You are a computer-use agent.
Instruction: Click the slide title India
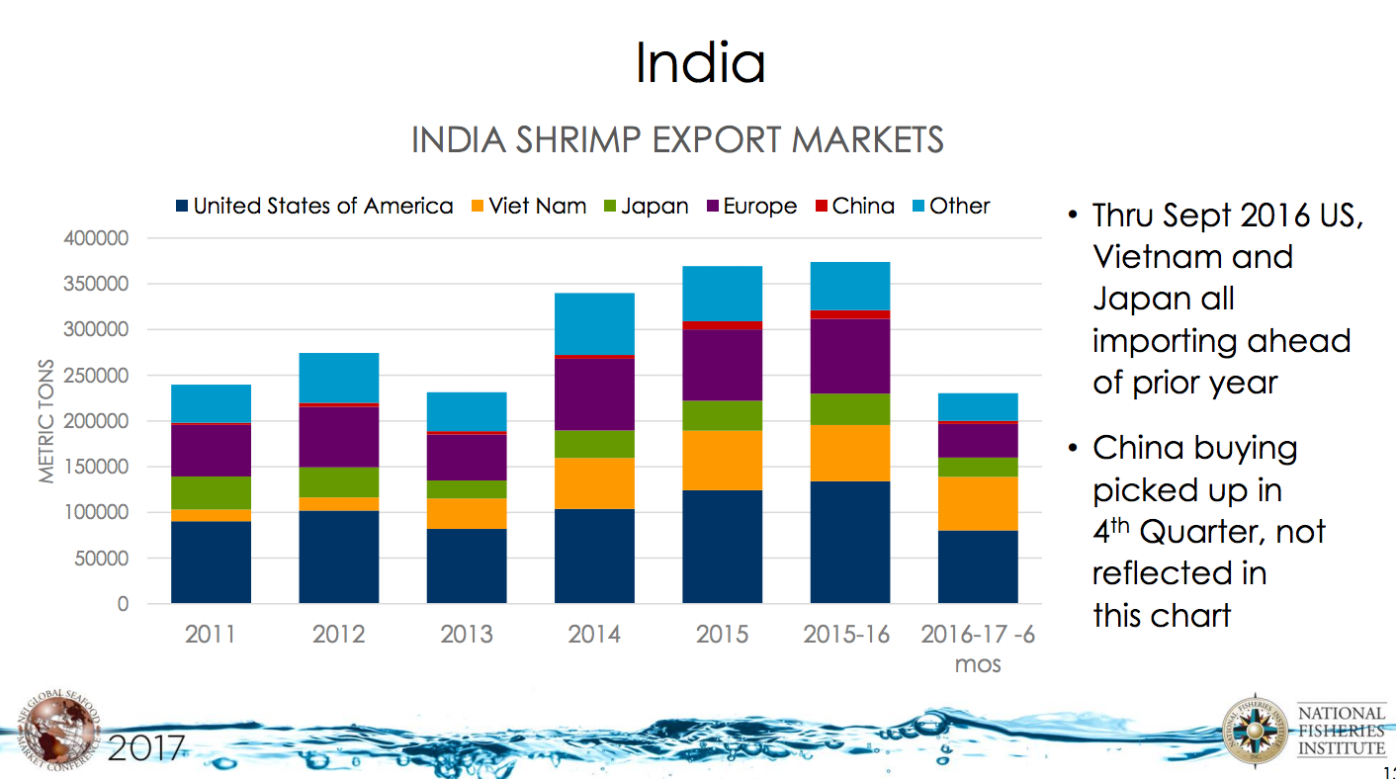(x=700, y=63)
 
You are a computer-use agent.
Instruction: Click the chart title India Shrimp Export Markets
(x=677, y=139)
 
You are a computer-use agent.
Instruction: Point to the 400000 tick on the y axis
(x=96, y=239)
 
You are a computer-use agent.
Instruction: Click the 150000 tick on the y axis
(x=96, y=468)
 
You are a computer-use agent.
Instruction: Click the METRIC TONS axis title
(x=46, y=420)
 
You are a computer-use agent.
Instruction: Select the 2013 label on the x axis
(x=467, y=634)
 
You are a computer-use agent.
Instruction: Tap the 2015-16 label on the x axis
(x=849, y=634)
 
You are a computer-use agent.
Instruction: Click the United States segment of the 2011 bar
(x=211, y=562)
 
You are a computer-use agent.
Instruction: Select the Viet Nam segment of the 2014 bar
(x=594, y=483)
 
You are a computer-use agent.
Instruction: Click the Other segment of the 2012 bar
(x=338, y=378)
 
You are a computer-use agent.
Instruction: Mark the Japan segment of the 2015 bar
(x=722, y=415)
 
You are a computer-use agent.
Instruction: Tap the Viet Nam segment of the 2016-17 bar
(x=978, y=504)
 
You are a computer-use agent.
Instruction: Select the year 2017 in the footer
(x=146, y=748)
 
